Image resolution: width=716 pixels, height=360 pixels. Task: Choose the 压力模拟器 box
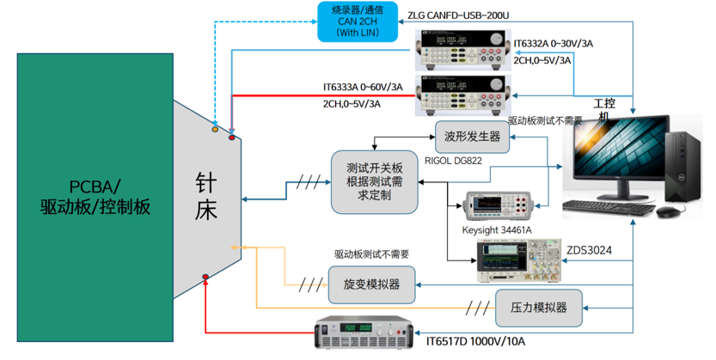(x=538, y=308)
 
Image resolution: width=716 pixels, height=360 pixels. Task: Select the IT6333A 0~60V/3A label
(x=362, y=87)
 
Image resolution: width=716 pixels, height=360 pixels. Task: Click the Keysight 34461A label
(x=499, y=230)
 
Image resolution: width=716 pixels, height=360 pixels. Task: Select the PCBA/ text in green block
(x=95, y=186)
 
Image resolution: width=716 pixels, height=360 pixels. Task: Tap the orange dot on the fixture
(x=215, y=129)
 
